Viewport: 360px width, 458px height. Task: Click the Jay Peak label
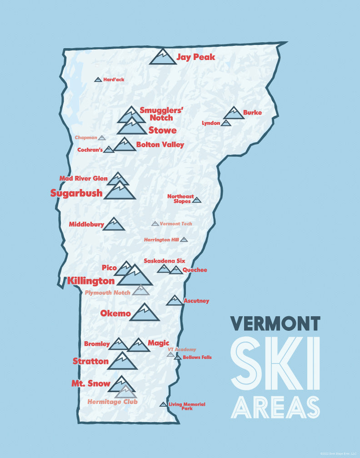tap(195, 57)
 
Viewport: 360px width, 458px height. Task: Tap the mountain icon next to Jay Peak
tap(163, 57)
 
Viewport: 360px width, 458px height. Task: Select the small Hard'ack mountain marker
tap(98, 80)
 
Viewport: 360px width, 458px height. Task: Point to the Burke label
tap(252, 113)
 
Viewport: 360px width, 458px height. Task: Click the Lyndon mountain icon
tap(226, 123)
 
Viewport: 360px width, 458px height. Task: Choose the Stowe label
tap(162, 130)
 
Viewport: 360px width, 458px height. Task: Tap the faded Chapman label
tap(86, 137)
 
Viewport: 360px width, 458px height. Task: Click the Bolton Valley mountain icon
tap(124, 145)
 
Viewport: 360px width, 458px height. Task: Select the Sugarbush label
tap(76, 193)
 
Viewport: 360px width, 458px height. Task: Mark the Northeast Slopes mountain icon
tap(196, 200)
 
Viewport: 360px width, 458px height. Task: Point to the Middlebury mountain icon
tap(114, 224)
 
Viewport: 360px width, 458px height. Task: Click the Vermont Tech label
tap(176, 224)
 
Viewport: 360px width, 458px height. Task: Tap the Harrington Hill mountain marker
tap(184, 239)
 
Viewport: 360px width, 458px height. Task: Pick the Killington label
tap(91, 281)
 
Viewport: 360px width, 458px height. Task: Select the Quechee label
tap(195, 270)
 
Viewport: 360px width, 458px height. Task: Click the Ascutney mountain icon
tap(174, 301)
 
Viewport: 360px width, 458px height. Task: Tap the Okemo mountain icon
tap(145, 313)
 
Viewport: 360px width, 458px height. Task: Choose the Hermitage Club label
tap(112, 402)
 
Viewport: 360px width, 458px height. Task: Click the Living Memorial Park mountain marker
tap(163, 404)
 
